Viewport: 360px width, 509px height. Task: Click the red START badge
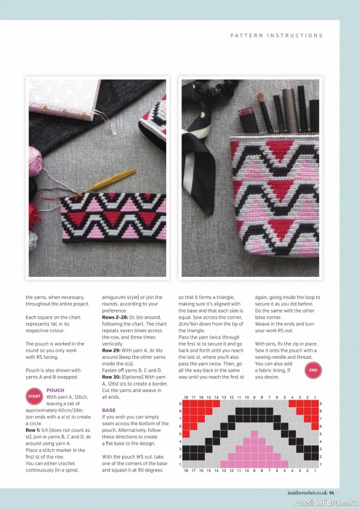pyautogui.click(x=34, y=397)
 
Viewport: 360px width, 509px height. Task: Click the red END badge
pyautogui.click(x=313, y=370)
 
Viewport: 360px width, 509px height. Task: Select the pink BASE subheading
pyautogui.click(x=109, y=410)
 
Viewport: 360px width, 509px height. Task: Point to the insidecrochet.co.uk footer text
pyautogui.click(x=301, y=491)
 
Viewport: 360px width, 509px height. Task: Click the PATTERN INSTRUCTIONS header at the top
pyautogui.click(x=276, y=36)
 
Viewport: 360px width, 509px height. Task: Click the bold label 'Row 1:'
pyautogui.click(x=36, y=430)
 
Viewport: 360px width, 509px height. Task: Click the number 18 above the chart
pyautogui.click(x=185, y=397)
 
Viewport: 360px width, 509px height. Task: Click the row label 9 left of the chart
pyautogui.click(x=180, y=403)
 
